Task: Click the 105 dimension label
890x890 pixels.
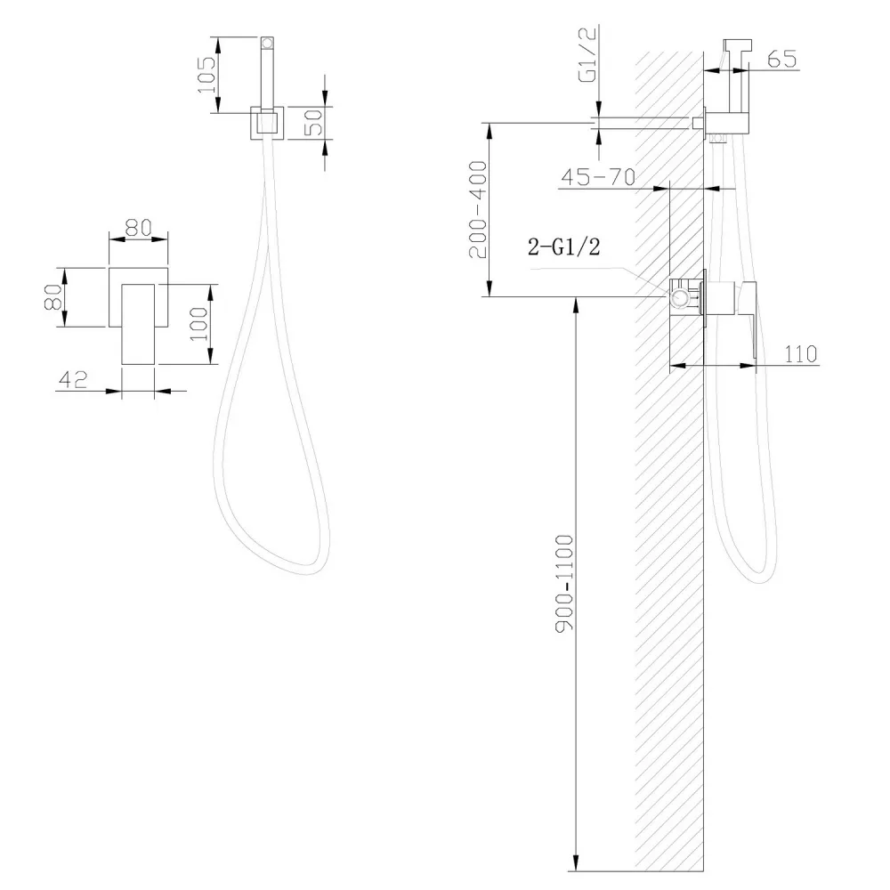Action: pos(206,75)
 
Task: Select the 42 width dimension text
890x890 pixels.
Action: pos(73,379)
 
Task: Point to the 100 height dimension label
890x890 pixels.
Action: pos(199,324)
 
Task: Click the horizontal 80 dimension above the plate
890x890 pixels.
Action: pos(139,228)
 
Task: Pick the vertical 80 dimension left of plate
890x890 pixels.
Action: pos(53,297)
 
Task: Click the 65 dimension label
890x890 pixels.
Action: pos(781,59)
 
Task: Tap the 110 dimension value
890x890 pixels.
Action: pos(800,354)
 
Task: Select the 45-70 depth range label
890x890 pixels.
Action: pos(598,178)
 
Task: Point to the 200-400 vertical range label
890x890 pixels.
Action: pos(479,209)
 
